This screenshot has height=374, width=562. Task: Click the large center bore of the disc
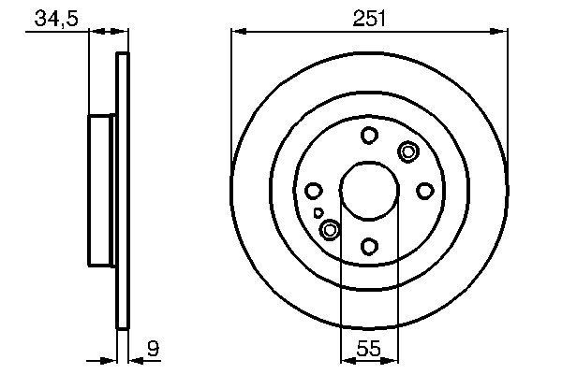click(x=369, y=191)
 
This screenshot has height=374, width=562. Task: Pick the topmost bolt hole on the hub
click(x=369, y=136)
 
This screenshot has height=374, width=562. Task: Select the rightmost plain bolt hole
click(x=424, y=191)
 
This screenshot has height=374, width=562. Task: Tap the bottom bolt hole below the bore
click(x=369, y=246)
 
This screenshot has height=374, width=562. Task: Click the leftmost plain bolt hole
click(x=314, y=191)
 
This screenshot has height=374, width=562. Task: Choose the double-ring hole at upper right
click(x=408, y=151)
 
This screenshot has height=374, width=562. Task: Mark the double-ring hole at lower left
click(x=330, y=229)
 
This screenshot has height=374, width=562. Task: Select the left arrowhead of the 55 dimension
click(x=346, y=358)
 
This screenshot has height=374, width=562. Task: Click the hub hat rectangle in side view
click(x=102, y=191)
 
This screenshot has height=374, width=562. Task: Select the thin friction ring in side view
click(x=121, y=191)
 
